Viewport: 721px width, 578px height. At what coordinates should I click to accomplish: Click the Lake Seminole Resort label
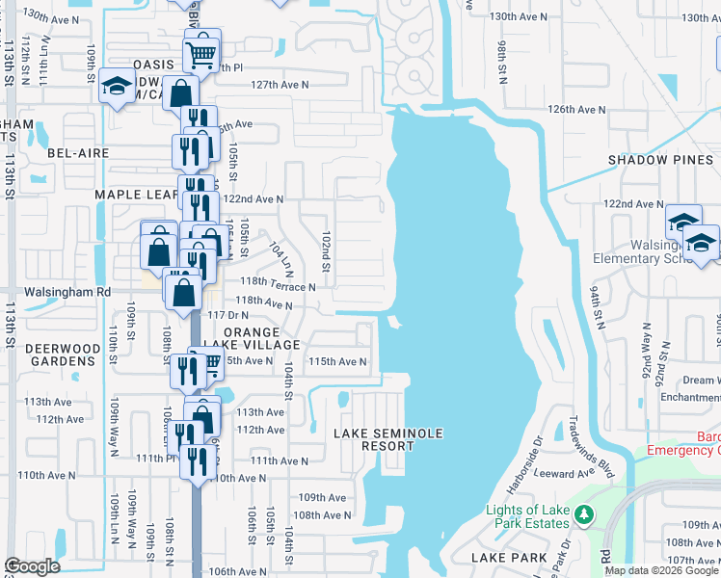[x=388, y=440]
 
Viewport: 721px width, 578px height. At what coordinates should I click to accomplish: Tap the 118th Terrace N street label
[x=278, y=287]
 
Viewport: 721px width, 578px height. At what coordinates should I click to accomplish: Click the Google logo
[x=32, y=566]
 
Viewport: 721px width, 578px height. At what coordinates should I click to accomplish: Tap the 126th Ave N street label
[x=576, y=110]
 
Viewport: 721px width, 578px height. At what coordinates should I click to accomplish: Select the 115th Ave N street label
[x=337, y=361]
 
